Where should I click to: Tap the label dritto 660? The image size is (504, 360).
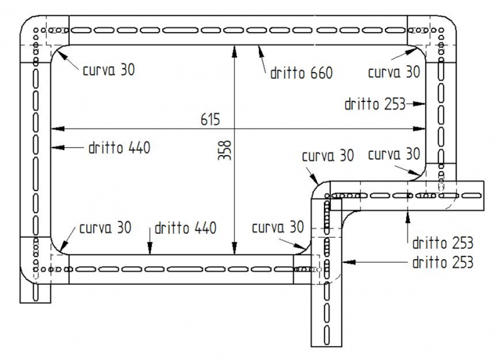[301, 73]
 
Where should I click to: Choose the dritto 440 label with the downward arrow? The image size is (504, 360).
[184, 228]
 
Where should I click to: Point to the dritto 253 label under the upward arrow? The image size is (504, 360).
[444, 241]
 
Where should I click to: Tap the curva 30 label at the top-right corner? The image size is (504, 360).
[393, 72]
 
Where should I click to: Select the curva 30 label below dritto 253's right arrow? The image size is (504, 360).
[393, 154]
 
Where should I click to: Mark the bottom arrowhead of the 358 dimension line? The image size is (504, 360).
[234, 251]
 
